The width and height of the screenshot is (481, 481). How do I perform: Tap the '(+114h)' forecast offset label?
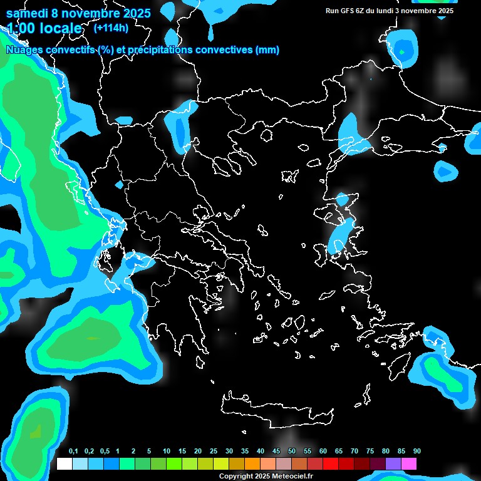point(111,28)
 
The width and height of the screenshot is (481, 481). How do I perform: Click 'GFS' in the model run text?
point(348,11)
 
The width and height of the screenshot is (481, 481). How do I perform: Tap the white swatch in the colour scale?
point(65,464)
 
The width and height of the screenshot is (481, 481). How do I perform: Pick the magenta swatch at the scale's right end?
point(409,464)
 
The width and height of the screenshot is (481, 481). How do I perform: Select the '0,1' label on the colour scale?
point(73,452)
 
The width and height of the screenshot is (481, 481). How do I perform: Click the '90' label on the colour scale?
point(417,452)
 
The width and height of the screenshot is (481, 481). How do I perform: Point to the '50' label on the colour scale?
point(292,452)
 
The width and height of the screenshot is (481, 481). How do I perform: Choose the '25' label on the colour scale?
point(214,452)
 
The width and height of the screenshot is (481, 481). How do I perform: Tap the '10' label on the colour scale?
point(167,452)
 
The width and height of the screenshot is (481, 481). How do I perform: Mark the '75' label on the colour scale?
point(370,452)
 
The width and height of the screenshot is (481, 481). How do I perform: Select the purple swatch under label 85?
point(393,464)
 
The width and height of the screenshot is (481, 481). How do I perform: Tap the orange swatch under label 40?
point(252,464)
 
